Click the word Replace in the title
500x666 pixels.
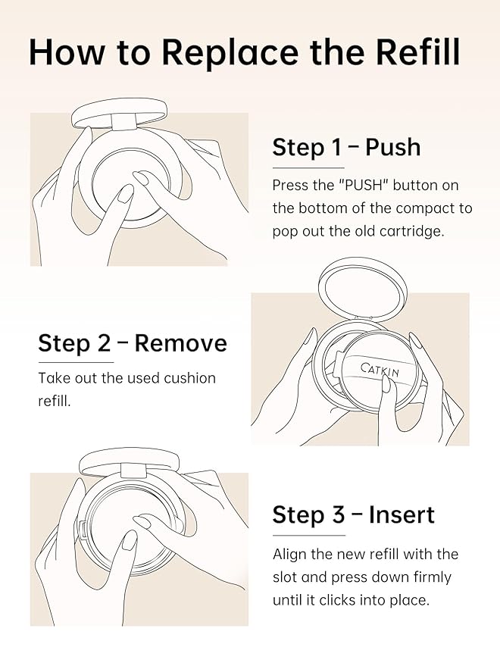tap(230, 53)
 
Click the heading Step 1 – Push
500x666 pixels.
tap(346, 148)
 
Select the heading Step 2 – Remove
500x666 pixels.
tap(133, 343)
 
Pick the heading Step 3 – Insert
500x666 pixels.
tap(354, 514)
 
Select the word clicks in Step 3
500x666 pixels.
tap(337, 600)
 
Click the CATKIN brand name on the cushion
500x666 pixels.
tap(380, 370)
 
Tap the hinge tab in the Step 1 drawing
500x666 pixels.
tap(124, 121)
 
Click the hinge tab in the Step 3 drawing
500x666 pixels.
tap(134, 471)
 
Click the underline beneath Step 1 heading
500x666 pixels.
tap(308, 168)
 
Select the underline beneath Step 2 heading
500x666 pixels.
tap(76, 362)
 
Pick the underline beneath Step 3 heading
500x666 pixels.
tap(309, 535)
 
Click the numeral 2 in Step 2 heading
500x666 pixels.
tap(104, 343)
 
